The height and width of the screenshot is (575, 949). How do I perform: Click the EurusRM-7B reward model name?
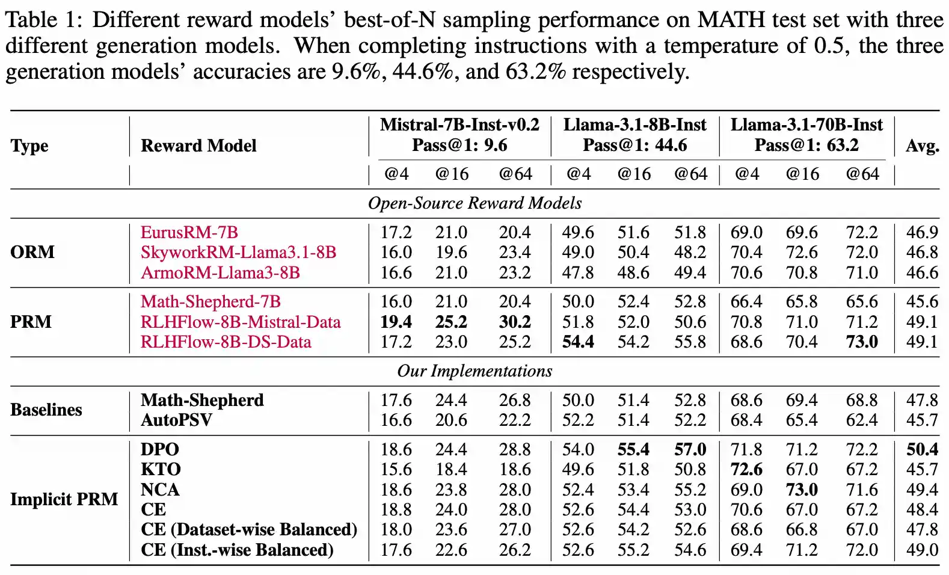coord(189,232)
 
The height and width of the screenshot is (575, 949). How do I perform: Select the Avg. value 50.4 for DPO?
coord(922,449)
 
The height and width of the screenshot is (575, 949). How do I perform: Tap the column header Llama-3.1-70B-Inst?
coord(806,125)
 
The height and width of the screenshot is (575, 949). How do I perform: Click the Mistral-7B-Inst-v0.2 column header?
coord(459,125)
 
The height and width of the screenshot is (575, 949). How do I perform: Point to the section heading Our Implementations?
coord(475,371)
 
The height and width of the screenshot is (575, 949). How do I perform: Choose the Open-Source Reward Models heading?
coord(475,203)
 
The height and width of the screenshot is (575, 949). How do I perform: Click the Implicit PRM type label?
coord(64,499)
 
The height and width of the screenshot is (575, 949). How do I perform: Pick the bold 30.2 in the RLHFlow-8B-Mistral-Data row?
coord(515,322)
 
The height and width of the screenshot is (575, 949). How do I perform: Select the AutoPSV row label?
coord(176,420)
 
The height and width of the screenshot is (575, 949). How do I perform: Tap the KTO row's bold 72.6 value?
coord(746,469)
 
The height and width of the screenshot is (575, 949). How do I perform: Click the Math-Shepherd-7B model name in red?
coord(210,301)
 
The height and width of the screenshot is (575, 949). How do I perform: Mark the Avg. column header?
coord(922,146)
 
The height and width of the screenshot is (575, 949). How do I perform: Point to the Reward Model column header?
coord(198,146)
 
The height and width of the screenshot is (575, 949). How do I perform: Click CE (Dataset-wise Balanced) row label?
coord(249,529)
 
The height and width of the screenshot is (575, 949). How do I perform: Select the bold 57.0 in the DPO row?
coord(690,449)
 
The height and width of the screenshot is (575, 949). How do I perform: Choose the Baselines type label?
coord(46,410)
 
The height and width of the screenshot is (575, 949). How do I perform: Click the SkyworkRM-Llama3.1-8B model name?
coord(238,252)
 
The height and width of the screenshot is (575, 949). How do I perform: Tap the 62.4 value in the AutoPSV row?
coord(862,420)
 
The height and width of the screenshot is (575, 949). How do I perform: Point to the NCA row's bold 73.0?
coord(802,490)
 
